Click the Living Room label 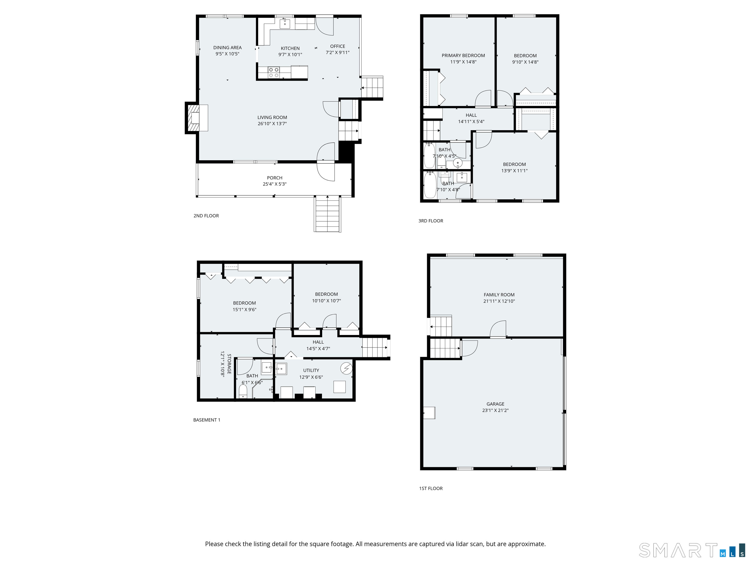(x=272, y=118)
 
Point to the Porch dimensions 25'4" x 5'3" (x=274, y=184)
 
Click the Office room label (x=337, y=46)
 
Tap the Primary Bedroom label (x=463, y=55)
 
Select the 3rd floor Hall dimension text (x=471, y=121)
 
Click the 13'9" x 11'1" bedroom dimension (x=514, y=171)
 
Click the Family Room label (x=499, y=294)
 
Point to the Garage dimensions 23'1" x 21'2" (x=495, y=410)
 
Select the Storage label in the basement (x=229, y=364)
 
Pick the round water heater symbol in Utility (x=347, y=368)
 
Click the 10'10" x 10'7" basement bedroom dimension (x=326, y=301)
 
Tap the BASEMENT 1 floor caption (x=206, y=420)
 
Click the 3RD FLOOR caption (x=431, y=221)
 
